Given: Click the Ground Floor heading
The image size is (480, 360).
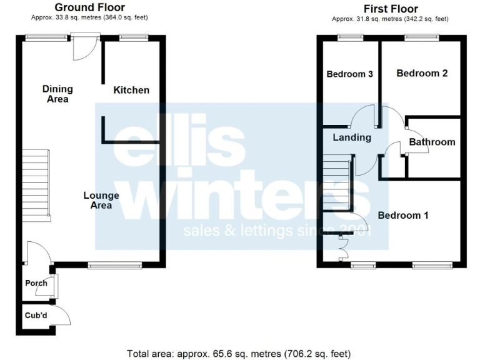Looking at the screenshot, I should click(x=89, y=7).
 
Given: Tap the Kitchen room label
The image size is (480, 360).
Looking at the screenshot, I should click(x=131, y=90).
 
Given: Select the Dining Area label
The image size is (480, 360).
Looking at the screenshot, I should click(x=57, y=94).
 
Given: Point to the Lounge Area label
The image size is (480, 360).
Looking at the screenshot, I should click(x=101, y=200).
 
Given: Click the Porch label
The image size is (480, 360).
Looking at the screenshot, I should click(x=36, y=283).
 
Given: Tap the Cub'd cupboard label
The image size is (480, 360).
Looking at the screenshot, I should click(x=36, y=315).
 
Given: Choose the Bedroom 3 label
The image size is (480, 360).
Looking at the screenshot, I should click(x=350, y=74).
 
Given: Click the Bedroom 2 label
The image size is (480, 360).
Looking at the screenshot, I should click(x=422, y=73).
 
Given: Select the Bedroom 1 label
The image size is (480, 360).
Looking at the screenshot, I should click(x=403, y=215).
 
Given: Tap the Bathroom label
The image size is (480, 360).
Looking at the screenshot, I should click(x=432, y=142).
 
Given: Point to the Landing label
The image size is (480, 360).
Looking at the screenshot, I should click(x=352, y=137).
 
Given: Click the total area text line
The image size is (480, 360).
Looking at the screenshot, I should click(x=239, y=353).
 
